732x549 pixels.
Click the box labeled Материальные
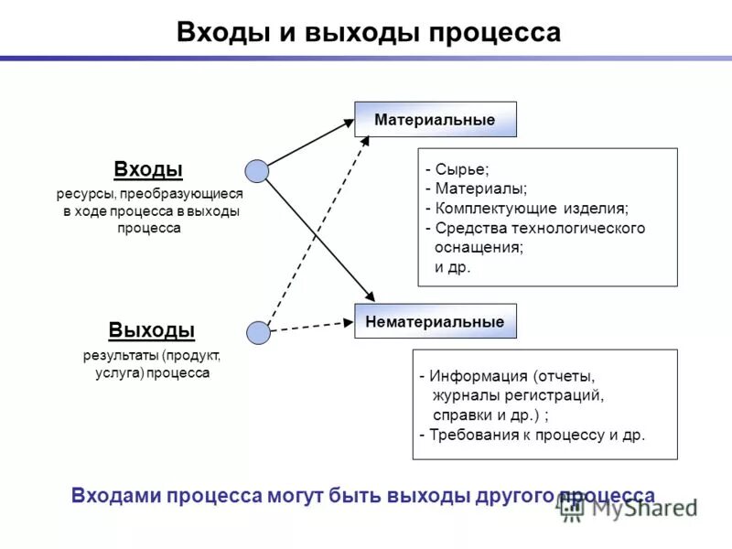coord(436,120)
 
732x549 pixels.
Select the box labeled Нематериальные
coord(436,322)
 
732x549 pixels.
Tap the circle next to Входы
coord(257,171)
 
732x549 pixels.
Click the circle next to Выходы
coord(259,333)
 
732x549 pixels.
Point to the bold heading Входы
coord(148,169)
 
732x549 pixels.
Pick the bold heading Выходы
coord(151,330)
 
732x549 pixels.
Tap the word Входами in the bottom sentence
coord(114,495)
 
